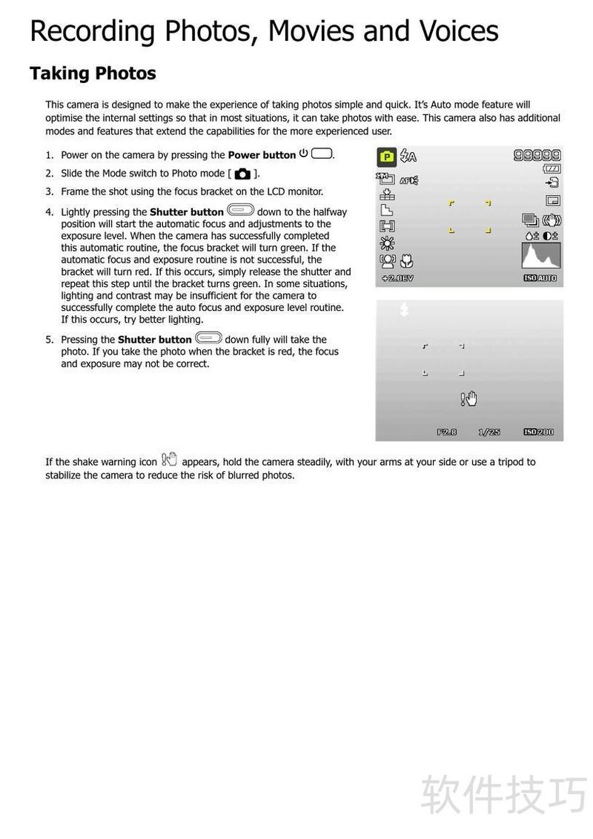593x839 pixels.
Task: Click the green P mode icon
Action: coord(386,157)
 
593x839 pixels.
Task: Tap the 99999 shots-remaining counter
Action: coord(537,155)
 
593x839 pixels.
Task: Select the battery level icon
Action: coord(551,169)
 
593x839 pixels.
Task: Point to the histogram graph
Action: coord(541,256)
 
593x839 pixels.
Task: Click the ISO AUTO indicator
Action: coord(540,278)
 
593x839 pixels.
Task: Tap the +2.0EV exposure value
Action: coord(397,278)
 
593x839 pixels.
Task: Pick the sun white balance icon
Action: coord(387,243)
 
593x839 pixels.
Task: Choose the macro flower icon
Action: coord(407,261)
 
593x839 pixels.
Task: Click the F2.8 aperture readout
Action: coord(446,432)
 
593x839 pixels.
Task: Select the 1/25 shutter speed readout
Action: coord(489,432)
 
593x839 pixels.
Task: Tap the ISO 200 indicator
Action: coord(539,432)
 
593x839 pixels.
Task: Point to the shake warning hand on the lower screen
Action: coord(469,398)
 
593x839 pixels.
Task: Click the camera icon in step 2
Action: coord(242,174)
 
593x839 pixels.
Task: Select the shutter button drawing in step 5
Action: coord(208,338)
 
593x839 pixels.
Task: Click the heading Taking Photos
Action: coord(93,73)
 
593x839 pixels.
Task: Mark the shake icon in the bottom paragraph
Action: coord(169,459)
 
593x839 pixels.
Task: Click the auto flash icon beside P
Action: coord(408,156)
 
